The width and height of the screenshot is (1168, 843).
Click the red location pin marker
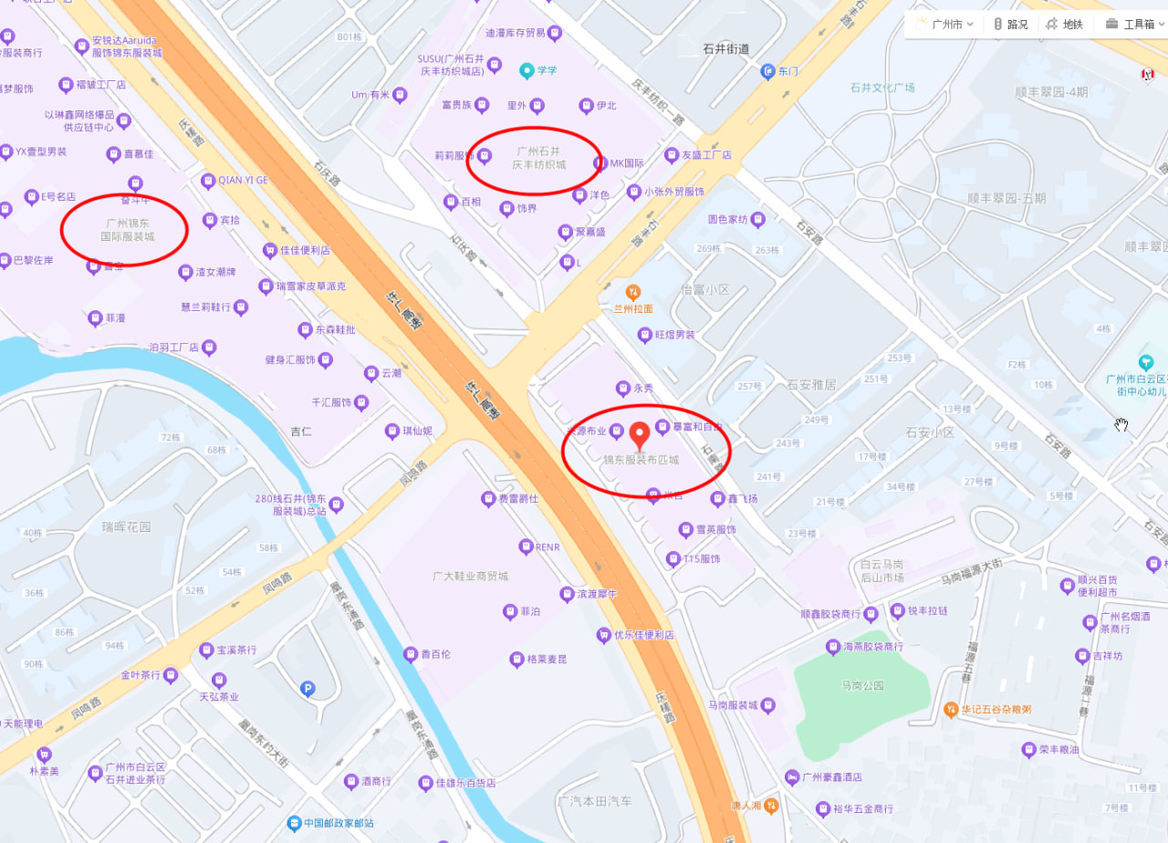(x=640, y=434)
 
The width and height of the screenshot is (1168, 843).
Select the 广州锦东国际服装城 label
(x=128, y=229)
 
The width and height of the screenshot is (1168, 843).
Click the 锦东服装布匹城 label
(x=640, y=460)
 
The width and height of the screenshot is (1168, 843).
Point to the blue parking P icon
(x=308, y=689)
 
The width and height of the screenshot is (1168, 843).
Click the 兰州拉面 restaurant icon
(x=632, y=292)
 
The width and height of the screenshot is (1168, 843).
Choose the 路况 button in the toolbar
(x=1010, y=25)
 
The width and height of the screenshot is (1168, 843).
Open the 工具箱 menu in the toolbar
(x=1131, y=25)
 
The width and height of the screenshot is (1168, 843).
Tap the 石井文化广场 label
(x=881, y=88)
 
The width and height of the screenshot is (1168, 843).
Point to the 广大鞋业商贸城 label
(x=470, y=577)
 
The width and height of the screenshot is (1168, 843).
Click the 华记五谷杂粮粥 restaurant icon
(x=950, y=709)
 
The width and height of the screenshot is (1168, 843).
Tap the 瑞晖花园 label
(x=127, y=527)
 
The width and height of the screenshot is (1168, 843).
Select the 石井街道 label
(x=726, y=49)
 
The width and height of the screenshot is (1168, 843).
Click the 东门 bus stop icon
(x=767, y=71)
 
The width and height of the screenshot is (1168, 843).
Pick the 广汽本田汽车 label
(x=594, y=801)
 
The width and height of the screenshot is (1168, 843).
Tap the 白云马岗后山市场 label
(x=875, y=571)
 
